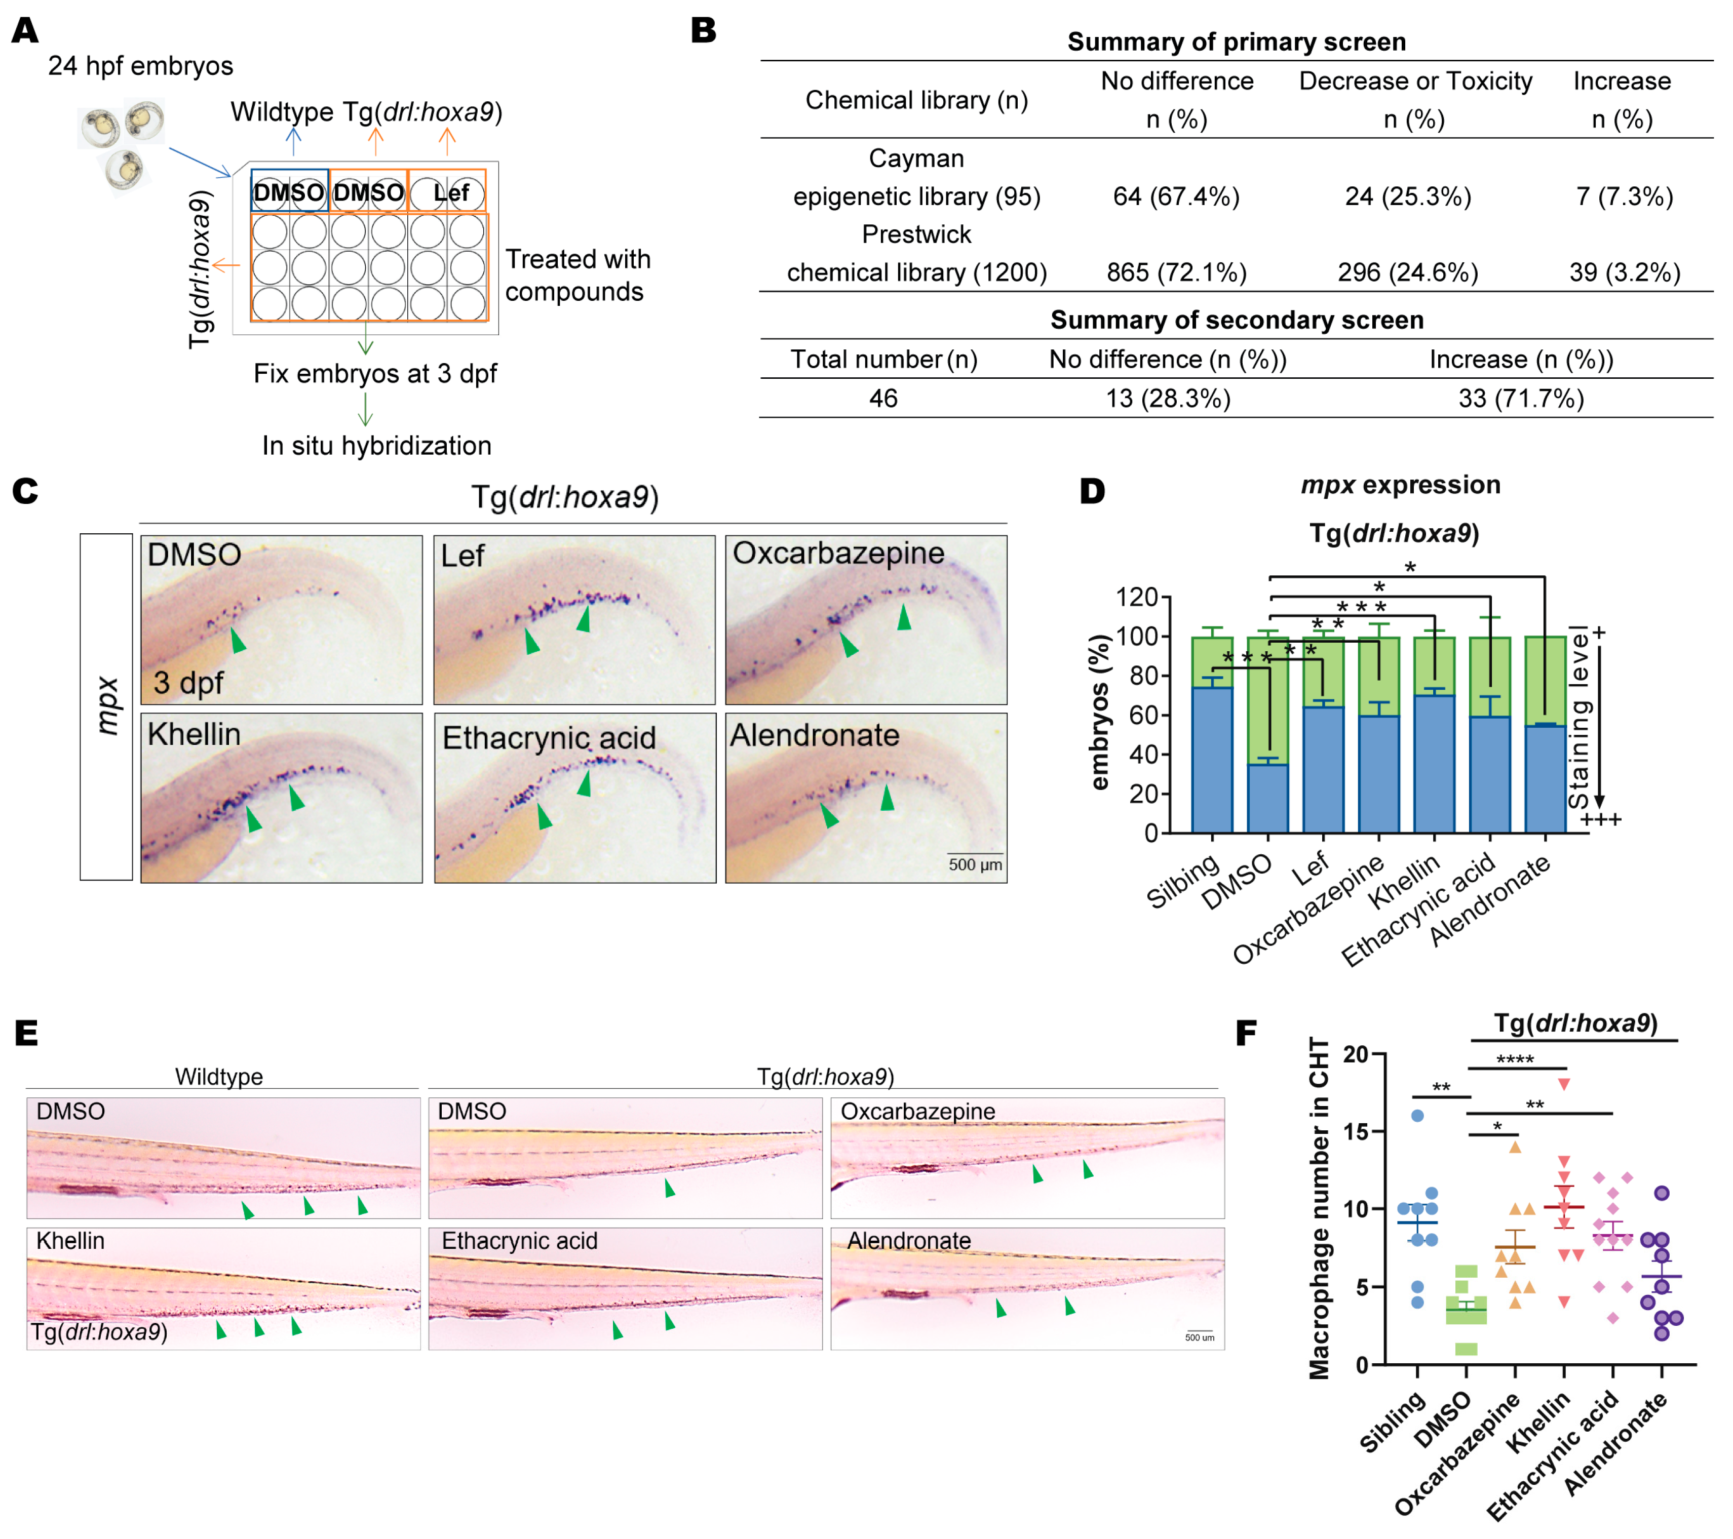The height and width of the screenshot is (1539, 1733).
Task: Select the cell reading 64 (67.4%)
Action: pyautogui.click(x=1176, y=196)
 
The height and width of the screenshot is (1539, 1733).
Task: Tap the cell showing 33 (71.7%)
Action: pyautogui.click(x=1520, y=399)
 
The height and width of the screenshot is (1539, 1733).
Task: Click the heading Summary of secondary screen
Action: pyautogui.click(x=1236, y=320)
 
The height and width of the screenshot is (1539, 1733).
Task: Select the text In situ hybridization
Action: pyautogui.click(x=376, y=445)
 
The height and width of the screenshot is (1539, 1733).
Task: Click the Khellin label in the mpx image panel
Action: pyautogui.click(x=194, y=734)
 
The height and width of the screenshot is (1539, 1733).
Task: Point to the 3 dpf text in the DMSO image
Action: pyautogui.click(x=188, y=682)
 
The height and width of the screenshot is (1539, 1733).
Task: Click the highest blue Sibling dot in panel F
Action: pyautogui.click(x=1417, y=1115)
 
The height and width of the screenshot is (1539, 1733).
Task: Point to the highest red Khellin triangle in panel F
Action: pyautogui.click(x=1564, y=1084)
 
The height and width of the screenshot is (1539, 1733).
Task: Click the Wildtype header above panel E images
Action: pyautogui.click(x=219, y=1076)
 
